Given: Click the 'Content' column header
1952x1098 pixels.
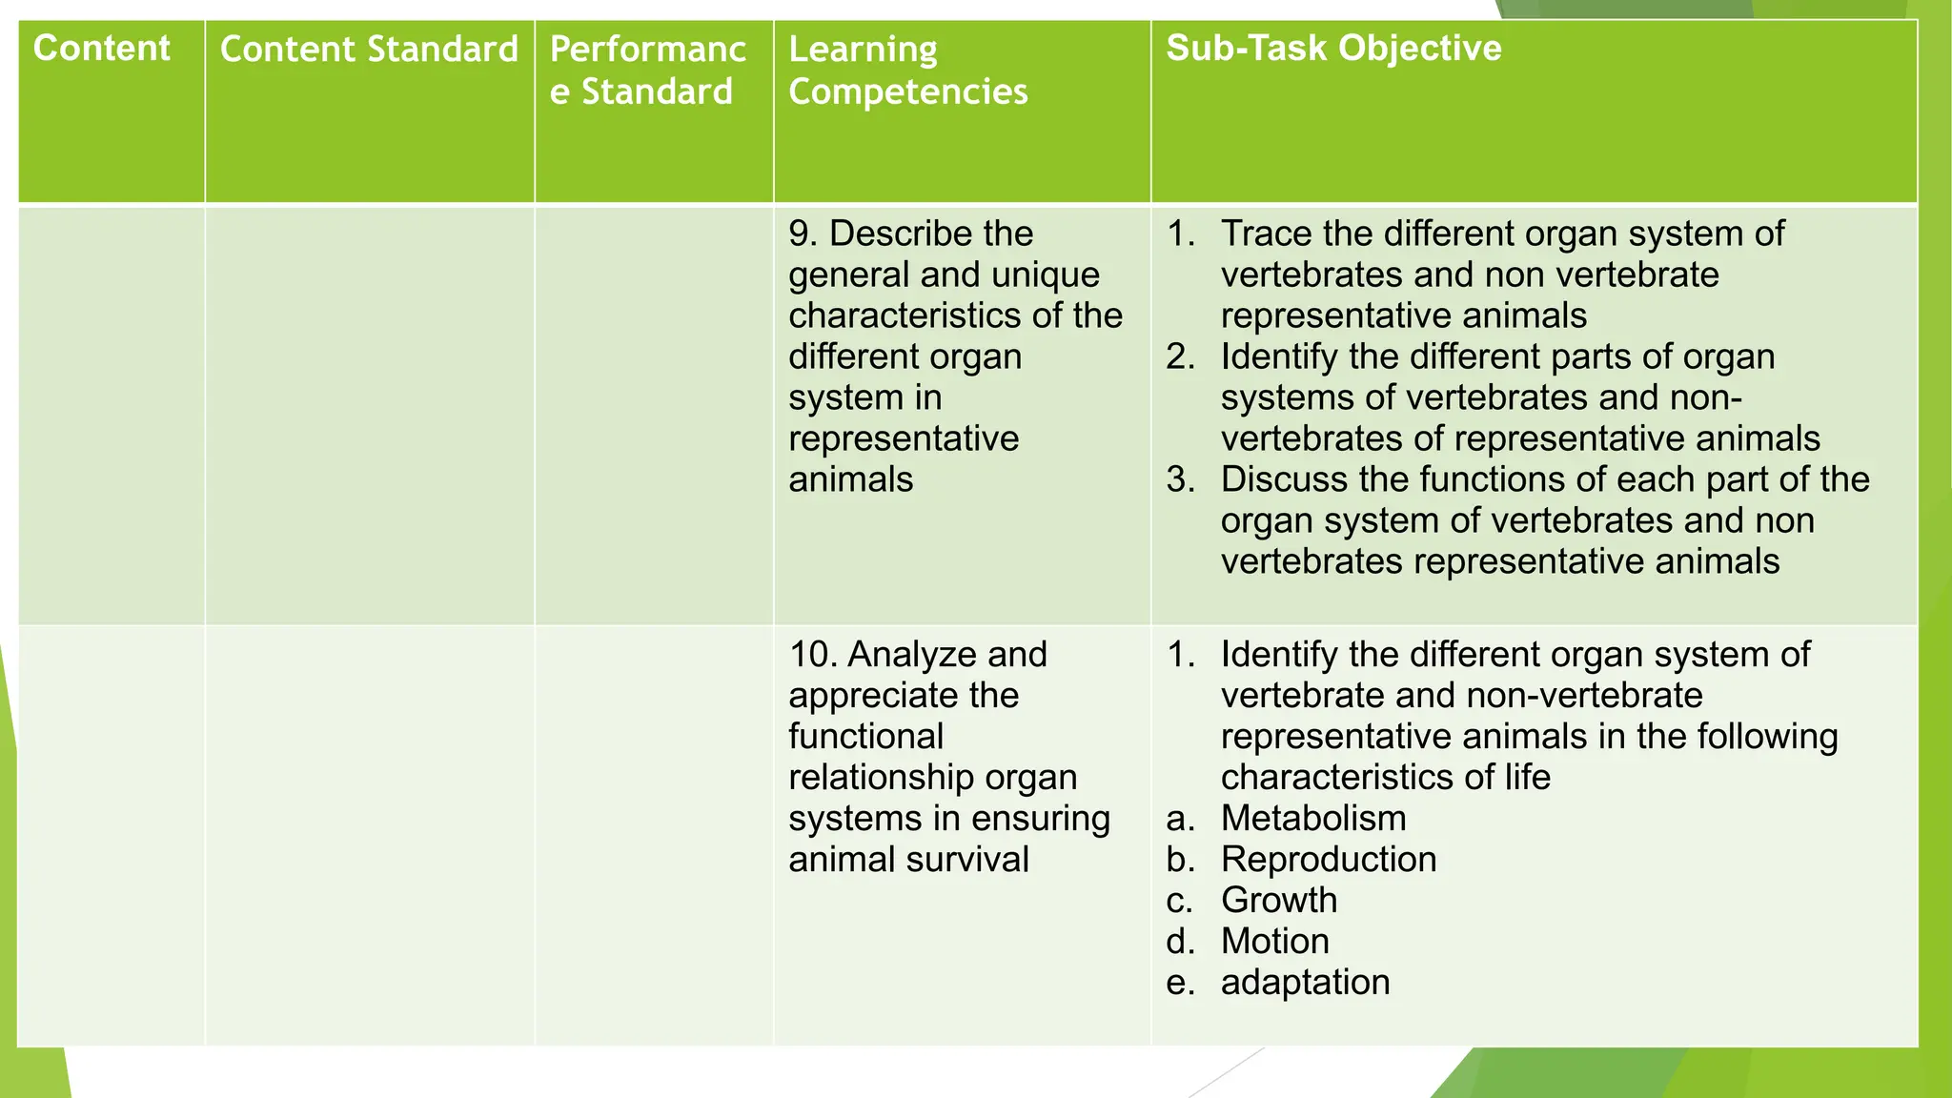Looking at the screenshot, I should click(101, 49).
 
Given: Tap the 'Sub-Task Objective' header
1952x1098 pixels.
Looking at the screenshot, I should click(1333, 49).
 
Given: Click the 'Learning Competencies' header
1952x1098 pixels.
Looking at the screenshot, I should click(907, 71).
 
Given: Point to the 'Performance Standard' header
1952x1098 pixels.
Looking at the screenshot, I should click(647, 71).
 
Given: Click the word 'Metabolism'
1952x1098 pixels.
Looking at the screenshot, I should click(1313, 819).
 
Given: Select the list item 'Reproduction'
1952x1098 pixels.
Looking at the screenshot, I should click(1328, 860).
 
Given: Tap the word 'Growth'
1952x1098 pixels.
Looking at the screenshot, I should click(1279, 901).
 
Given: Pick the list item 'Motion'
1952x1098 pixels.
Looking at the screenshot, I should click(1274, 942).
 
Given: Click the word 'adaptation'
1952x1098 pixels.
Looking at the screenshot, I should click(1305, 983).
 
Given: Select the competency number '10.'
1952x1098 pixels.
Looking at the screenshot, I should click(812, 655).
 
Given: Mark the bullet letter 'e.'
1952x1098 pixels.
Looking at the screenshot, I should click(1180, 983).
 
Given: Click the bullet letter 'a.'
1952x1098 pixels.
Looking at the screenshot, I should click(1180, 819).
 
